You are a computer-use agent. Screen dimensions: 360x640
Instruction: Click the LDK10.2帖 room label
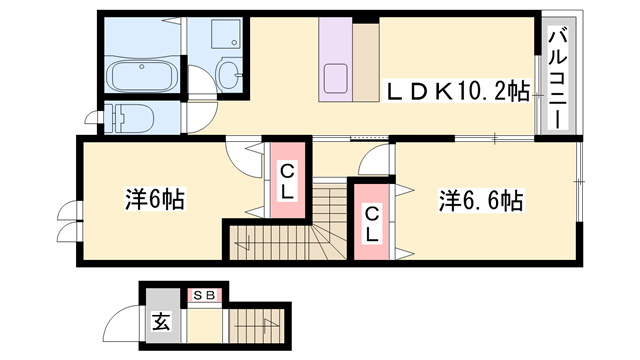pyautogui.click(x=457, y=92)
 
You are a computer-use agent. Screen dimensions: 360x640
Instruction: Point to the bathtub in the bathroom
pyautogui.click(x=142, y=76)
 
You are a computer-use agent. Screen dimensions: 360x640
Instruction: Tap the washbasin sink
pyautogui.click(x=230, y=74)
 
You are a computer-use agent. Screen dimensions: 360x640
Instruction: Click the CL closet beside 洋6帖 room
pyautogui.click(x=286, y=180)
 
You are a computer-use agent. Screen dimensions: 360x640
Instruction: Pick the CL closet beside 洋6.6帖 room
pyautogui.click(x=370, y=224)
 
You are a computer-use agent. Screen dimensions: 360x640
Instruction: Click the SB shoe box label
pyautogui.click(x=204, y=295)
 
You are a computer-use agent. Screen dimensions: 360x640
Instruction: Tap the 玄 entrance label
pyautogui.click(x=160, y=322)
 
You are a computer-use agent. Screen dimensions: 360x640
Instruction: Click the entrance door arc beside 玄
pyautogui.click(x=122, y=325)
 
